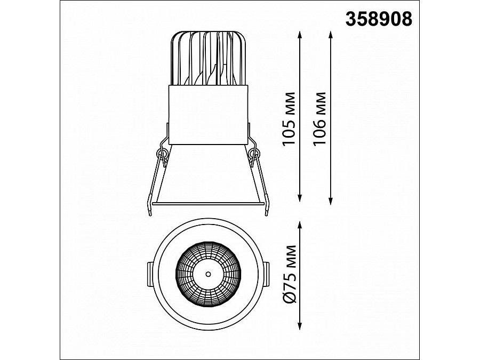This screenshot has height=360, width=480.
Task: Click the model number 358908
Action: [x=379, y=19]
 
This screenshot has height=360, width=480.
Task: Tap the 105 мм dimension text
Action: [x=289, y=119]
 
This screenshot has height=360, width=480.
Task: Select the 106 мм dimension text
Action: [x=320, y=119]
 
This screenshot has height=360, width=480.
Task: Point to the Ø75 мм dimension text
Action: [x=290, y=274]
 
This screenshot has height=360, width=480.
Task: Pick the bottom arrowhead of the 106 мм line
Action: [x=330, y=201]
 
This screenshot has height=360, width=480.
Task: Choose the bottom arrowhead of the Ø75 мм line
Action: [x=300, y=326]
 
